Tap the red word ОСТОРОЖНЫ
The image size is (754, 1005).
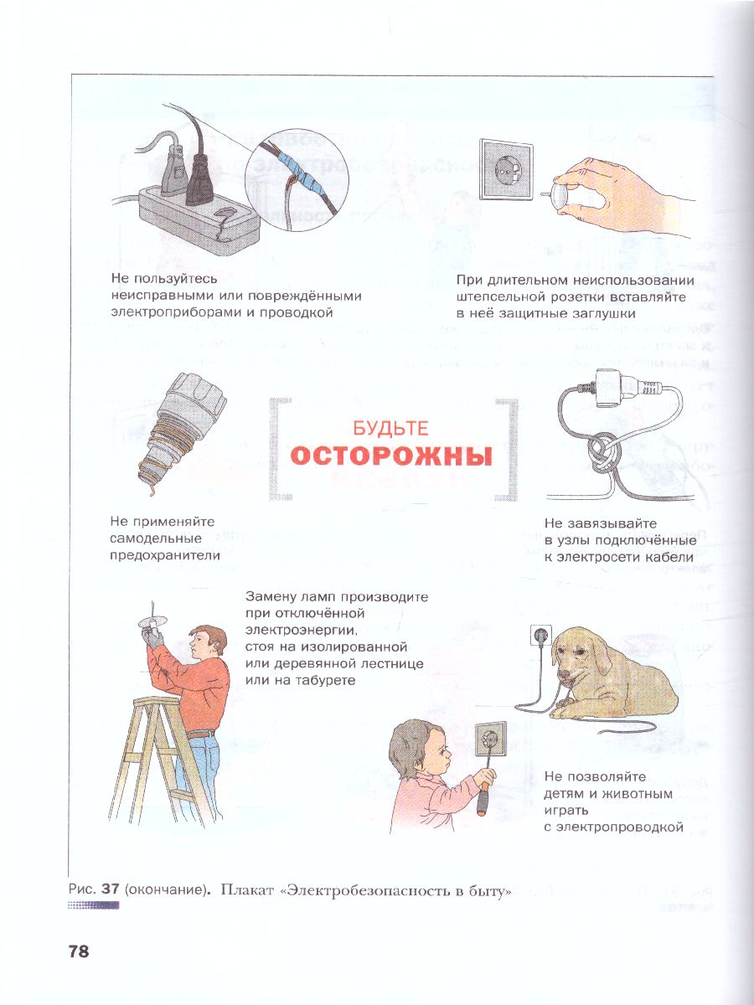point(390,457)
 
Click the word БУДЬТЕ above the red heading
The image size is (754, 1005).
point(390,429)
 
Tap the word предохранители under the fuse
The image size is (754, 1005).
point(165,554)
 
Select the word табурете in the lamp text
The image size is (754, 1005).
point(322,680)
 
